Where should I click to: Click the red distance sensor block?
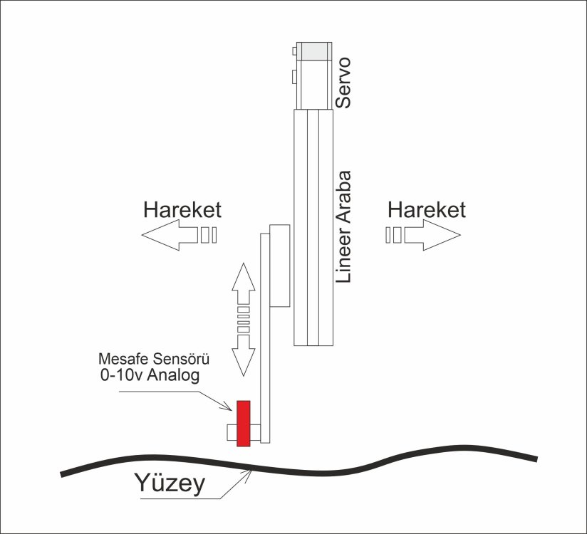point(244,423)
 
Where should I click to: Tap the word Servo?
point(343,83)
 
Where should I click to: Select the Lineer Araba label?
point(343,227)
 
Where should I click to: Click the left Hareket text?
point(182,210)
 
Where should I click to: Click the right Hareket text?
point(427,210)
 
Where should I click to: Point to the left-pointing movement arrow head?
point(161,235)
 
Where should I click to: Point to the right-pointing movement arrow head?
point(442,235)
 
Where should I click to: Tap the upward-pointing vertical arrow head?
point(244,277)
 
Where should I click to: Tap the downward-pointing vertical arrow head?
point(244,362)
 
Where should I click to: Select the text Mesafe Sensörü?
point(154,360)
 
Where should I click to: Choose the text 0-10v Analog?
point(150,375)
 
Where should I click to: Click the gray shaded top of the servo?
point(314,51)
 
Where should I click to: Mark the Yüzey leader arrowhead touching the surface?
point(246,474)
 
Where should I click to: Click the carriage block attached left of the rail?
point(279,266)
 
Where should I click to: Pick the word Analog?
point(173,375)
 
